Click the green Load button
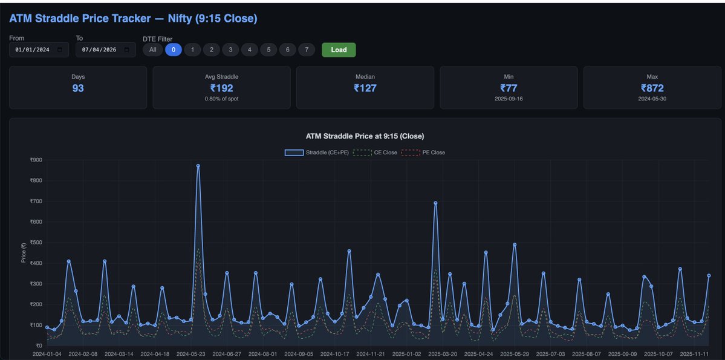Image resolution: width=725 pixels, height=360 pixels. pyautogui.click(x=339, y=50)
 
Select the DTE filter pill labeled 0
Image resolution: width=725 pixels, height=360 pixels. pyautogui.click(x=174, y=50)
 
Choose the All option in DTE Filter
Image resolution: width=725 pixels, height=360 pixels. pyautogui.click(x=152, y=50)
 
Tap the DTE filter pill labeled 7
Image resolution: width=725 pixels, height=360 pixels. pyautogui.click(x=307, y=50)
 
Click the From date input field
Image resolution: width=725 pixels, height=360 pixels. pyautogui.click(x=39, y=50)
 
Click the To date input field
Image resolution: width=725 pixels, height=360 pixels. pyautogui.click(x=105, y=50)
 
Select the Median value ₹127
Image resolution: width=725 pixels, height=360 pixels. pyautogui.click(x=365, y=88)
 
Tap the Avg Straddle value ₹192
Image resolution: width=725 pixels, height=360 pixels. pyautogui.click(x=221, y=88)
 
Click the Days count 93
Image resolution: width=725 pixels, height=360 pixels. pyautogui.click(x=78, y=88)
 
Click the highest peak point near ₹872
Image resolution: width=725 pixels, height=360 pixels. pyautogui.click(x=198, y=166)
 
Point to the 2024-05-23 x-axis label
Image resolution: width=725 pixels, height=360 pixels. pyautogui.click(x=191, y=354)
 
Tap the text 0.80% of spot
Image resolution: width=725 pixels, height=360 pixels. pyautogui.click(x=221, y=98)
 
